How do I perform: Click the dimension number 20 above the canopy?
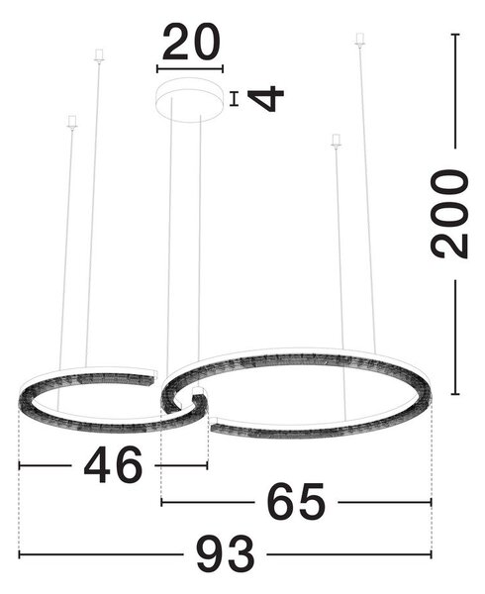tap(191, 42)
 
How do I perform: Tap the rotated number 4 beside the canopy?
tap(266, 99)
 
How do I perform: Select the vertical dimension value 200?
tap(449, 214)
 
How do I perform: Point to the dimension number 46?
tap(113, 464)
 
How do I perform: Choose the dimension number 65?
tap(296, 502)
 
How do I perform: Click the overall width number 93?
tap(225, 553)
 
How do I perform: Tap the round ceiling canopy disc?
tap(190, 100)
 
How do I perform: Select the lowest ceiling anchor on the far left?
tap(72, 122)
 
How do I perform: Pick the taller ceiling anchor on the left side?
tap(99, 55)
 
